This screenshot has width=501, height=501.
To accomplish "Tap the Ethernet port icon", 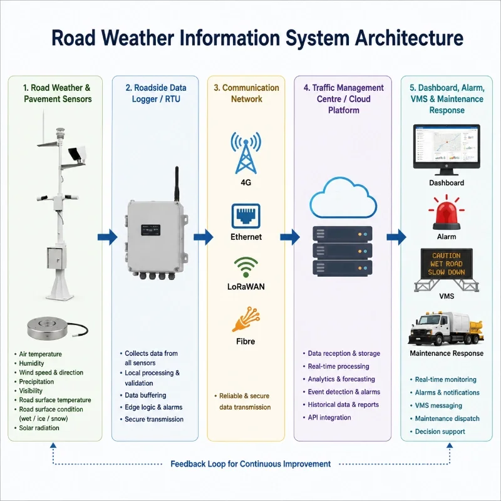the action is tap(245, 216).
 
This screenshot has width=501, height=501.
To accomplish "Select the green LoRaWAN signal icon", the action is tap(245, 267).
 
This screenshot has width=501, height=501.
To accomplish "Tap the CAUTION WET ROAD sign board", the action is tap(447, 263).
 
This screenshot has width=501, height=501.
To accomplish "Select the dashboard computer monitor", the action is tap(447, 150).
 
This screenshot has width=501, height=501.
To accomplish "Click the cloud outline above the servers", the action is tap(343, 197).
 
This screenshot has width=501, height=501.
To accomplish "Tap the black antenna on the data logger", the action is tap(177, 184).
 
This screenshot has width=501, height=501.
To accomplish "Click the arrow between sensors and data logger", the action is tap(108, 237).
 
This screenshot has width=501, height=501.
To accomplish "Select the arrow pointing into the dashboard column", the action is tap(396, 237).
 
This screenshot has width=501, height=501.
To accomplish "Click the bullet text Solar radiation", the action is tap(39, 428).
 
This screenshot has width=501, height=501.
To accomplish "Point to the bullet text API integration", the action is tap(329, 418).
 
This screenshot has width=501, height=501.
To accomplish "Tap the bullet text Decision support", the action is tap(440, 431).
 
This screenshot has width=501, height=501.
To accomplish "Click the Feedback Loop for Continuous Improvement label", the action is tap(250, 464).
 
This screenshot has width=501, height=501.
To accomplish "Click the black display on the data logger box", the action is tap(150, 230).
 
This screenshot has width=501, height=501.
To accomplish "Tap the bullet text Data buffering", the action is tap(145, 395).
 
